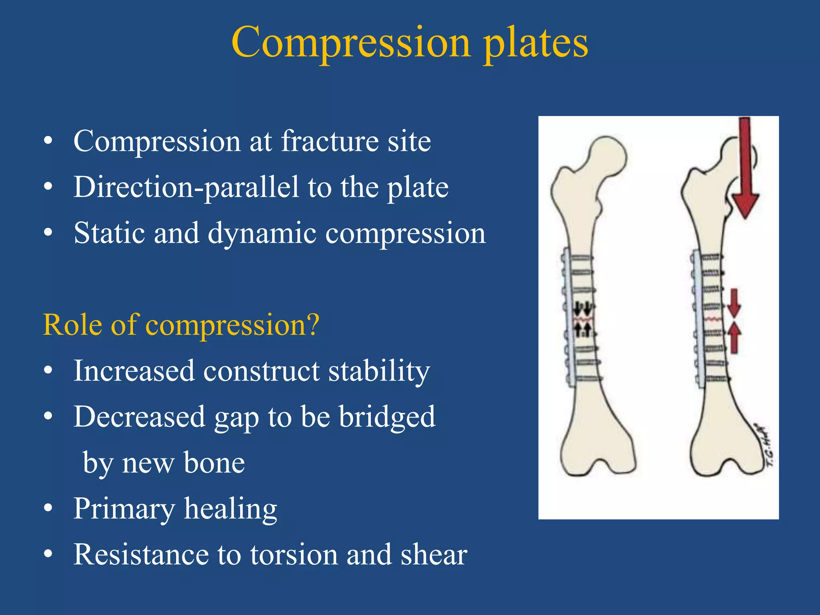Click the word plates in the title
coord(536,43)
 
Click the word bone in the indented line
coord(214,463)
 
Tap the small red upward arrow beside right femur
coord(734,338)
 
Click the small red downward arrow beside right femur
coord(734,303)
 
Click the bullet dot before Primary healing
coord(48,508)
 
